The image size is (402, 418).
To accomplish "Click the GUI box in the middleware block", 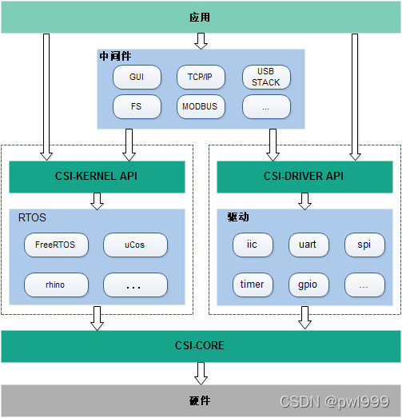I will click(136, 77).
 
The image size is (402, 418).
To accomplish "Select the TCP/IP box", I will click(201, 77).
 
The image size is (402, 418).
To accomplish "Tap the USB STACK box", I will click(266, 77).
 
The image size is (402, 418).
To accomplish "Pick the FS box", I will click(136, 105).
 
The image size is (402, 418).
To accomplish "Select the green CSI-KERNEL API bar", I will click(97, 177).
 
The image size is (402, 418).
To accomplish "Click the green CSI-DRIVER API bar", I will click(303, 177).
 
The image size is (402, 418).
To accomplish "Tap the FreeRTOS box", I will click(55, 245).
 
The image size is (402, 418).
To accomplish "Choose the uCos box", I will click(135, 245).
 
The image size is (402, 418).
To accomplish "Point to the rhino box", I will click(55, 285).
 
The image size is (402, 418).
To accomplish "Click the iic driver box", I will click(253, 245).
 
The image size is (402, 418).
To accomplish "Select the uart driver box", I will click(308, 245).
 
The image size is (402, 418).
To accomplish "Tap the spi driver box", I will click(364, 245).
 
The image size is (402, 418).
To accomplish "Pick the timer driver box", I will click(253, 285).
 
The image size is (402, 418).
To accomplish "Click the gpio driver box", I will click(308, 285).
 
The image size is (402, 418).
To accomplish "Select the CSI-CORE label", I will click(200, 346).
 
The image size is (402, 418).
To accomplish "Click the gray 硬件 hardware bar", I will click(200, 400).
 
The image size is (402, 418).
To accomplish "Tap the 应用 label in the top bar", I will click(200, 17).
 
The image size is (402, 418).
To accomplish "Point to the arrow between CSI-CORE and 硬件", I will click(201, 372).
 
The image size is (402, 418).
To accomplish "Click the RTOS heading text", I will click(34, 217).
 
